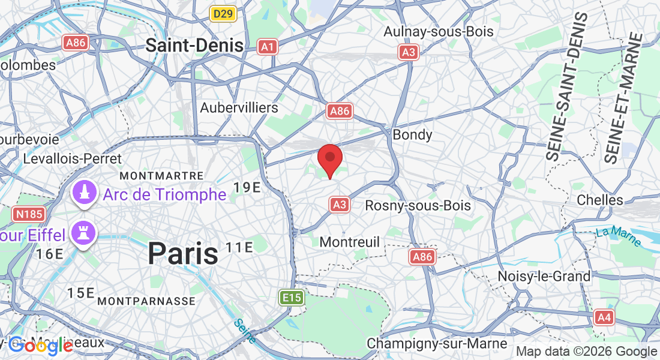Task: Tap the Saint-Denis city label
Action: point(194,45)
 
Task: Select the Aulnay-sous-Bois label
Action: point(438,31)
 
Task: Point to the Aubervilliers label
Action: point(239,108)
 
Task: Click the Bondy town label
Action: point(412,134)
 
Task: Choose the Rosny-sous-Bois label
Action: point(418,205)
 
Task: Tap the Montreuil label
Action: point(350,242)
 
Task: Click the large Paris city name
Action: point(183,253)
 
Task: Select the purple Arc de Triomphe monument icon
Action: point(85,193)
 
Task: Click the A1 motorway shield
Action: point(268,47)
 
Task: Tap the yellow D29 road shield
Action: point(223,13)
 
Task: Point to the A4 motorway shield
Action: point(604,317)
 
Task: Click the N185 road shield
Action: point(27,214)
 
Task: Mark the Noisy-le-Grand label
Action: point(544,277)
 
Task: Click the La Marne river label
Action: point(619,236)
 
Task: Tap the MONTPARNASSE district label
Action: point(146,300)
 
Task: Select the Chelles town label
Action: point(599,199)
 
